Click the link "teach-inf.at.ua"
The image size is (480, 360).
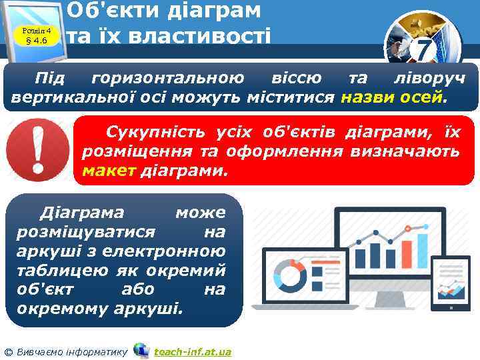coord(192,351)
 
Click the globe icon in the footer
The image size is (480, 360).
coord(141,350)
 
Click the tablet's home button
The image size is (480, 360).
coord(452,307)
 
